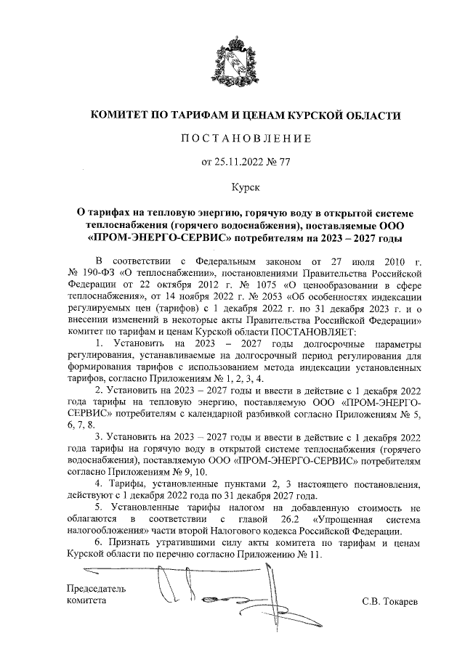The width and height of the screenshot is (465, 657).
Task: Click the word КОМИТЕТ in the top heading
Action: [x=120, y=115]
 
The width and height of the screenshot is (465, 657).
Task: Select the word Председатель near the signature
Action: [x=97, y=589]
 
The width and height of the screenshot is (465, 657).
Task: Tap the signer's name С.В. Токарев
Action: [x=390, y=602]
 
